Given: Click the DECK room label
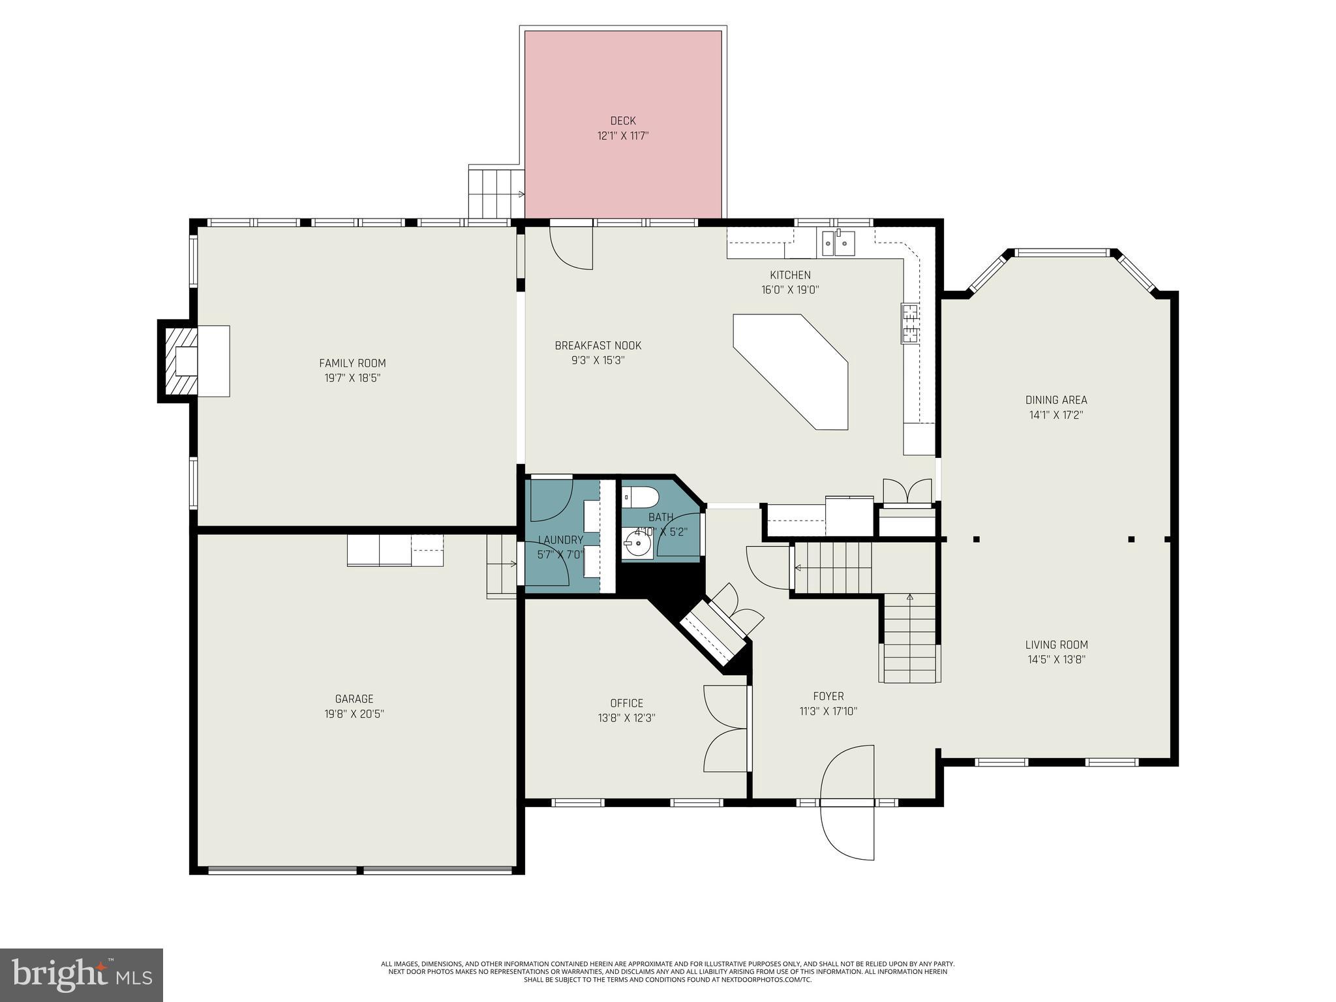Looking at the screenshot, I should (x=622, y=121).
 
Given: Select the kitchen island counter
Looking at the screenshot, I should (x=796, y=369).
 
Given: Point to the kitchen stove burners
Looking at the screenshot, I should (x=910, y=324).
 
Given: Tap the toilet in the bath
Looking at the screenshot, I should (x=639, y=497).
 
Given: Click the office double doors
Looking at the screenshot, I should (x=725, y=729).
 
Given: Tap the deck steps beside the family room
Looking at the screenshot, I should (x=496, y=192).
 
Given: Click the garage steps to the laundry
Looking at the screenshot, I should (x=501, y=565).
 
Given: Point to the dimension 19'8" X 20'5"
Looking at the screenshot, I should (x=354, y=714).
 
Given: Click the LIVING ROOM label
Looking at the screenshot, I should (x=1056, y=645).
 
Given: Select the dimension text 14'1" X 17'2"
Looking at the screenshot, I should (x=1056, y=415).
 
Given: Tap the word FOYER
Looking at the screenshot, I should (x=828, y=696).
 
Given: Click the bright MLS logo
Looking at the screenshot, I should (x=81, y=975).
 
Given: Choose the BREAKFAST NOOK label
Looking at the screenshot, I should (x=598, y=345).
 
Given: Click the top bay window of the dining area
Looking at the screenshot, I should (x=1062, y=252).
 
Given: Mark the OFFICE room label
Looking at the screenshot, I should (x=626, y=703).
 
